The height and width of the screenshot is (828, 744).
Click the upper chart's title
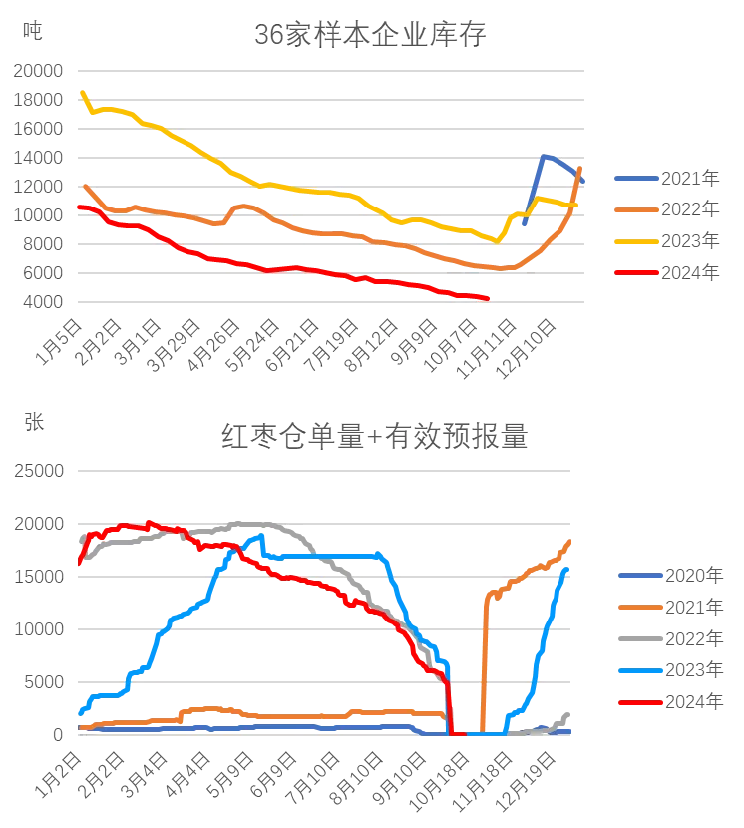pyautogui.click(x=368, y=37)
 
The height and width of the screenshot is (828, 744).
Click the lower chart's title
pyautogui.click(x=374, y=439)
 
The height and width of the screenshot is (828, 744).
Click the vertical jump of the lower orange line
pyautogui.click(x=484, y=658)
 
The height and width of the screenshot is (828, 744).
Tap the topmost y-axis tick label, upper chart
pyautogui.click(x=36, y=70)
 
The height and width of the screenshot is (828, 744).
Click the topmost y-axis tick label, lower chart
pyautogui.click(x=36, y=470)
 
